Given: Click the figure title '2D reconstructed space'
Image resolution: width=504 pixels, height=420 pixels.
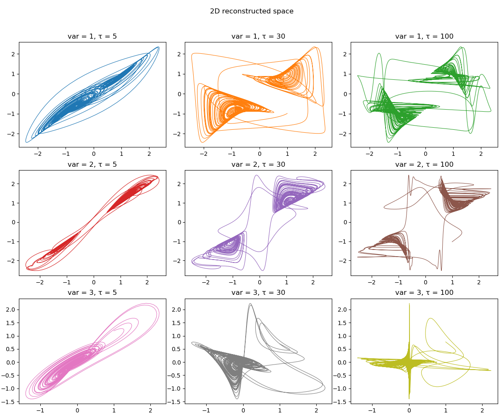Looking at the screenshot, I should [x=252, y=11].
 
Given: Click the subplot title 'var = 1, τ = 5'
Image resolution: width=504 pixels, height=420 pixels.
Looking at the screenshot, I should [x=92, y=36].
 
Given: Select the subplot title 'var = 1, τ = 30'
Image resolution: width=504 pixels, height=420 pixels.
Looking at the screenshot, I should [x=258, y=36].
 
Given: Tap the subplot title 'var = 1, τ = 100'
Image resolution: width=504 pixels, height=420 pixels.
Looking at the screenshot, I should [x=424, y=36].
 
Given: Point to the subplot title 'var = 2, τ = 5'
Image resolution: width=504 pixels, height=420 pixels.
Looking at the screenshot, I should [x=92, y=164].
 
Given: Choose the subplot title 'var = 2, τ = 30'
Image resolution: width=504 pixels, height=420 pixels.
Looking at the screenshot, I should [x=258, y=164].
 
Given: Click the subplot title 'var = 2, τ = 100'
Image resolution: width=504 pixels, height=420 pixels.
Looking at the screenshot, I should [x=424, y=164].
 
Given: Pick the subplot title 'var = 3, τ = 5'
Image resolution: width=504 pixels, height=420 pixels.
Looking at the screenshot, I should [x=92, y=292].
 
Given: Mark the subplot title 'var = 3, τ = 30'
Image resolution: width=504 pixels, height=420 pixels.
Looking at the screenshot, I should [x=258, y=292].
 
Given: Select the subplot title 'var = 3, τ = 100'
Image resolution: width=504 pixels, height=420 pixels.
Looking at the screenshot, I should [x=424, y=292].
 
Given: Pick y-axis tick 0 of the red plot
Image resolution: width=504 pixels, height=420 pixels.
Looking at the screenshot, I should [x=13, y=222].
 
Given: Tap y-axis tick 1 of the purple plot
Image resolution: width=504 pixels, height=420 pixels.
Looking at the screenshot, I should [x=179, y=203].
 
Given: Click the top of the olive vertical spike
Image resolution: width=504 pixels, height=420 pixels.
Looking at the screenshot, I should [x=409, y=303].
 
